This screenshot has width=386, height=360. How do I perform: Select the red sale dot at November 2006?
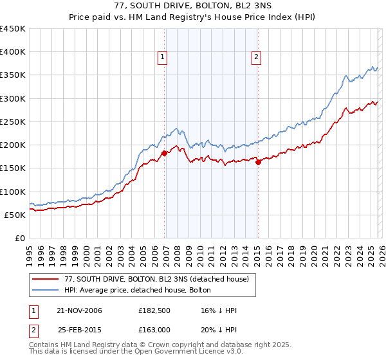[165, 153]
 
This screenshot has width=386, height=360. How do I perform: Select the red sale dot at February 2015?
[258, 162]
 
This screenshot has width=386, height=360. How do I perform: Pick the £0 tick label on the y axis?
[21, 238]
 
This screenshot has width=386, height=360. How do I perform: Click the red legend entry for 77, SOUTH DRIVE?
[152, 279]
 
